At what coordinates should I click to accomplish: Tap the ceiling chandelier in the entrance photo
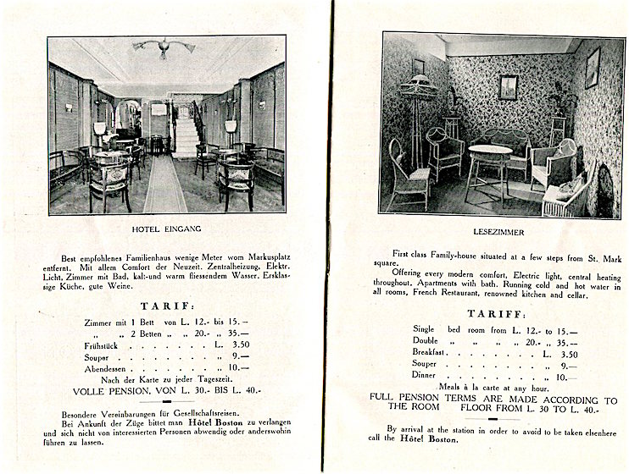point(163,48)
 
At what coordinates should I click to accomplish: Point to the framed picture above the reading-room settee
point(508,87)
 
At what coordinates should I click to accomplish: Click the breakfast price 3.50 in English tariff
point(568,355)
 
